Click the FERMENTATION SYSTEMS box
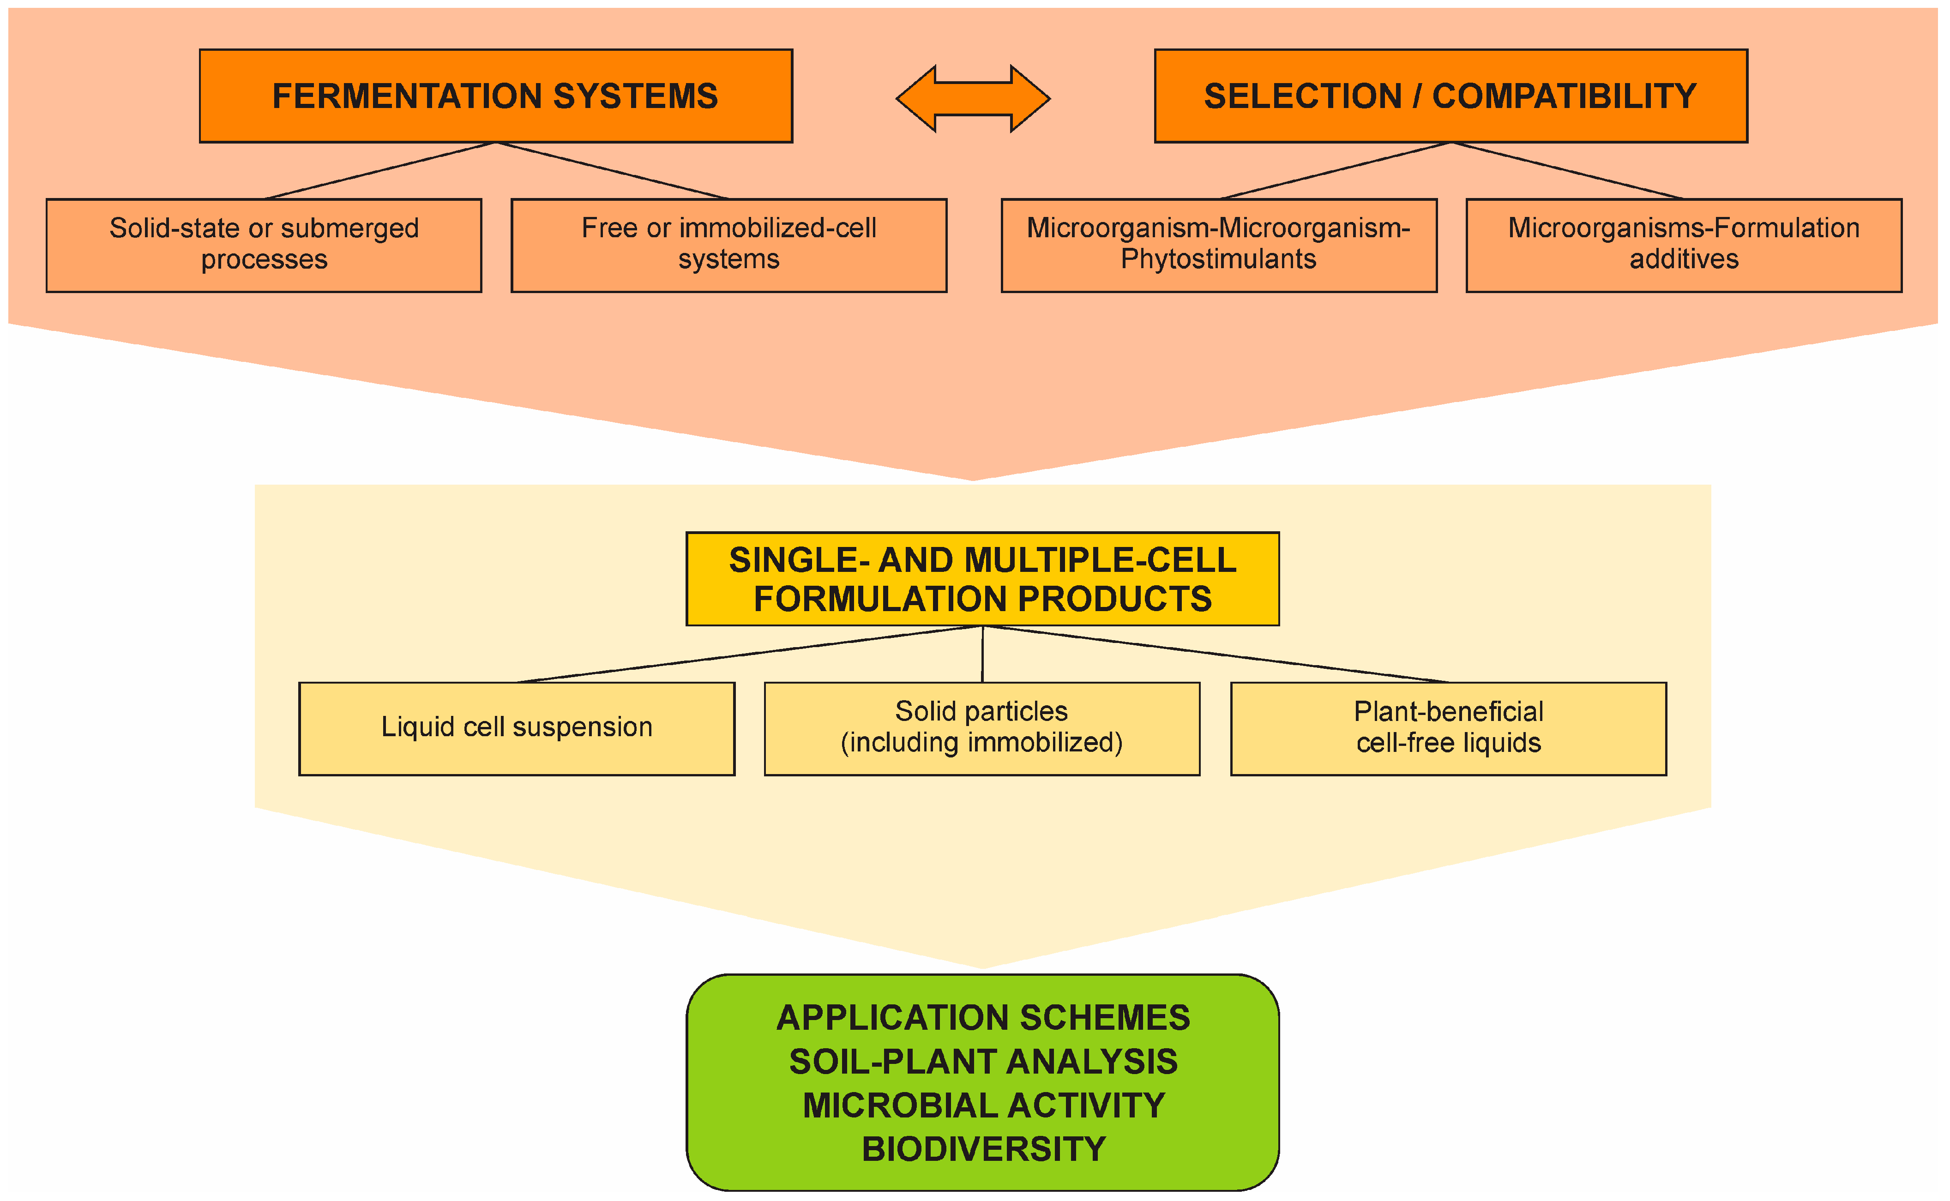point(496,96)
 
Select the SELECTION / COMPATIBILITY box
point(1450,96)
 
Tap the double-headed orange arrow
point(973,98)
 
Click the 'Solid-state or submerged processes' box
point(264,246)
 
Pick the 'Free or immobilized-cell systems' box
point(728,246)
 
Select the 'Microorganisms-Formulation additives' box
point(1684,246)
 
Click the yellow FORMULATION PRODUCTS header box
point(982,579)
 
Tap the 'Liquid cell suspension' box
point(516,728)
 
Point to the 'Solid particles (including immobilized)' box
point(982,728)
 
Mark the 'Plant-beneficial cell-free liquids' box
point(1448,728)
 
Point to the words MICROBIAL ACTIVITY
point(983,1105)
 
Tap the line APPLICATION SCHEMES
point(983,1017)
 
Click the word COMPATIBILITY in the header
point(1564,96)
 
